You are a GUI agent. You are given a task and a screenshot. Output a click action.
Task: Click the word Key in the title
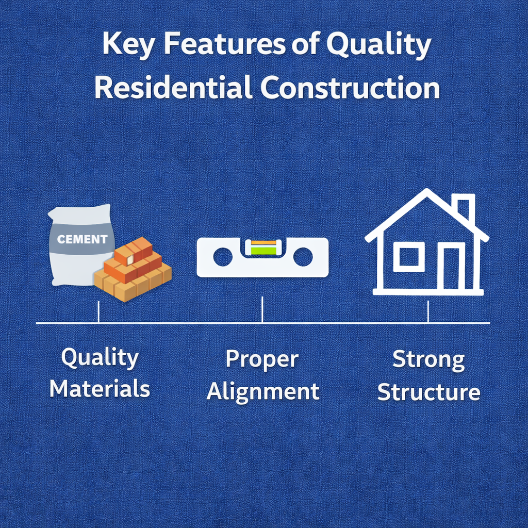click(x=128, y=45)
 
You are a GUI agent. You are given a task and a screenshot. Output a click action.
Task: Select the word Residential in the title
click(x=173, y=88)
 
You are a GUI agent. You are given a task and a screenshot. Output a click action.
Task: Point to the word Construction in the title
click(x=350, y=88)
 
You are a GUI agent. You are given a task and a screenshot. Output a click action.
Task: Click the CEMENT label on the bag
click(x=82, y=239)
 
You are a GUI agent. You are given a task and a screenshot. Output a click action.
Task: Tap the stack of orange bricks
click(x=133, y=269)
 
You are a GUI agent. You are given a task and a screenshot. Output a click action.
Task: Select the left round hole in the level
click(x=223, y=257)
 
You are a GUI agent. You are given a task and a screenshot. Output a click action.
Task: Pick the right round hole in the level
click(x=303, y=257)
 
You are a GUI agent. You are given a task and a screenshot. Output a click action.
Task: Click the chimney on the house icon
click(x=466, y=209)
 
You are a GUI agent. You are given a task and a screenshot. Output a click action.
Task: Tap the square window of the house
click(x=409, y=257)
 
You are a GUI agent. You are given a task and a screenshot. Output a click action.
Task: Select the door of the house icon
click(x=451, y=268)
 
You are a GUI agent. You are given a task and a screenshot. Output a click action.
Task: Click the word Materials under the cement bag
click(x=100, y=389)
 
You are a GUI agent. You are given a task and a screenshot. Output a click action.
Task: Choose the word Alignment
click(x=263, y=392)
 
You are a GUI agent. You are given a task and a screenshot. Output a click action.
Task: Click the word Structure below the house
click(x=428, y=391)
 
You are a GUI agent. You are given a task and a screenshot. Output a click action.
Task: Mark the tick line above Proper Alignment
click(x=262, y=310)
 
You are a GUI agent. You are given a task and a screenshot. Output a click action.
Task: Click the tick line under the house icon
click(x=428, y=312)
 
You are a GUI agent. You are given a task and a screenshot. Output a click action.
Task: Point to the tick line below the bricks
click(x=98, y=312)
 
